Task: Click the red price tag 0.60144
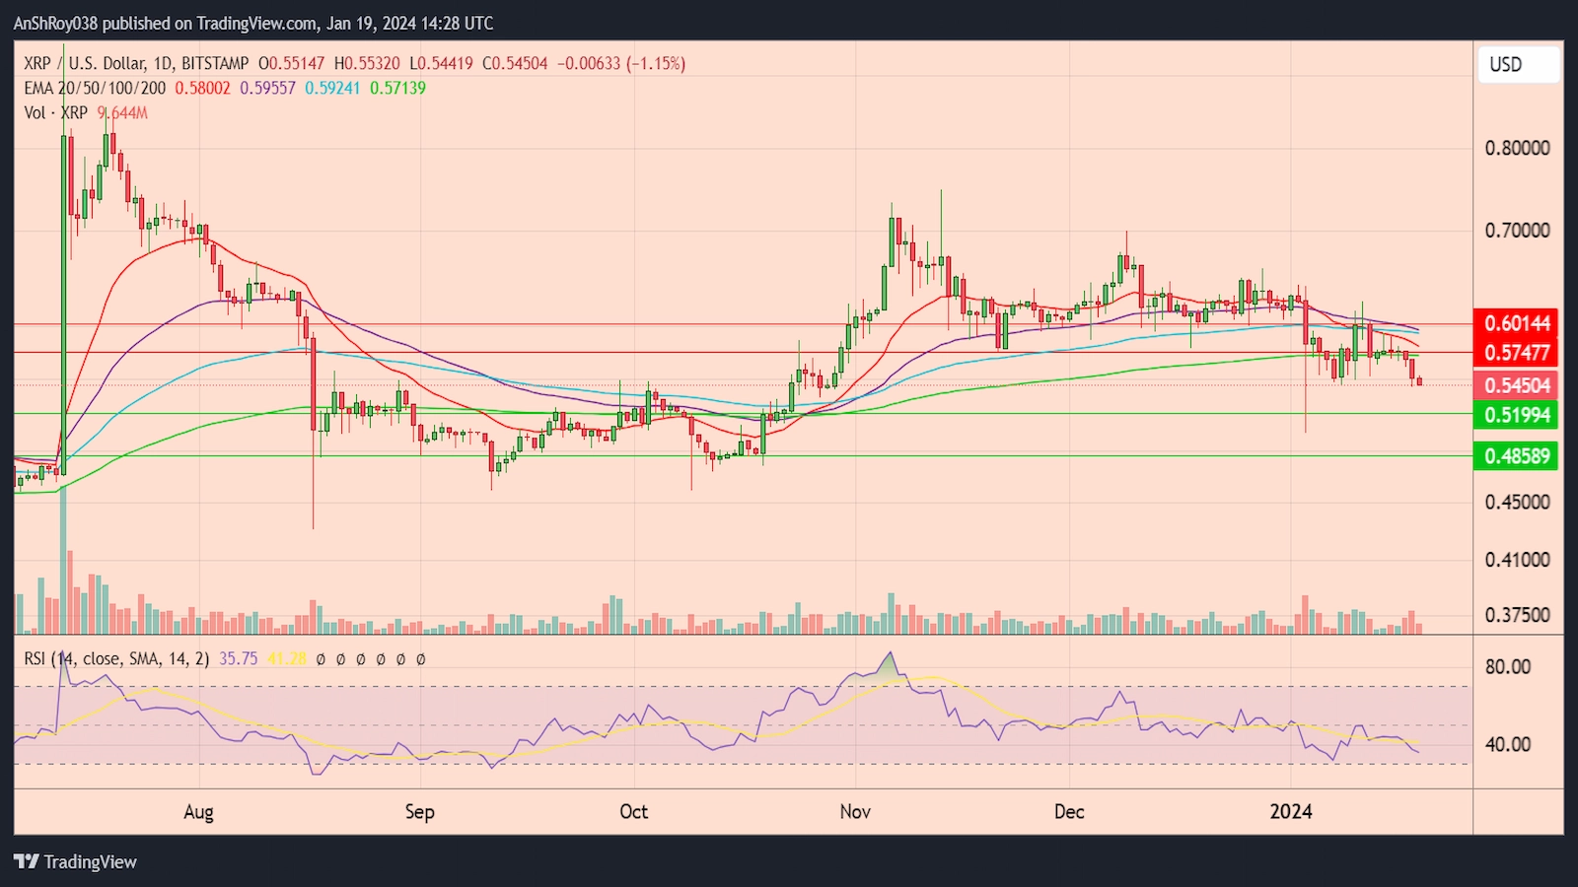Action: (1517, 323)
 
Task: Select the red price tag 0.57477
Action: (1517, 353)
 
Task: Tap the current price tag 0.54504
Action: (1517, 385)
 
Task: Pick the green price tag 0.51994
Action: (1517, 415)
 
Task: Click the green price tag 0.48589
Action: (1517, 456)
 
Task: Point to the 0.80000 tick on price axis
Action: (1517, 148)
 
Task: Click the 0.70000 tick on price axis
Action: (1517, 231)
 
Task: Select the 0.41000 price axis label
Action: (1517, 560)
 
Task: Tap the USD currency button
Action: (1518, 65)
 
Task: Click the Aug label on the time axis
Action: (198, 812)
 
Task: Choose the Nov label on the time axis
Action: (855, 812)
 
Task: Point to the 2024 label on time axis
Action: (1291, 812)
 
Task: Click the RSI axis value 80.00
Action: (1508, 667)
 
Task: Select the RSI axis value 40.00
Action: (1508, 745)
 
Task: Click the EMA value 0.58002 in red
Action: (202, 88)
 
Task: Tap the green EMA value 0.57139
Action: (397, 88)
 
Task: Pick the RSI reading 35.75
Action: (238, 658)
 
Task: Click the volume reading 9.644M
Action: (123, 113)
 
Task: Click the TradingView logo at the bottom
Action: (76, 861)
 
